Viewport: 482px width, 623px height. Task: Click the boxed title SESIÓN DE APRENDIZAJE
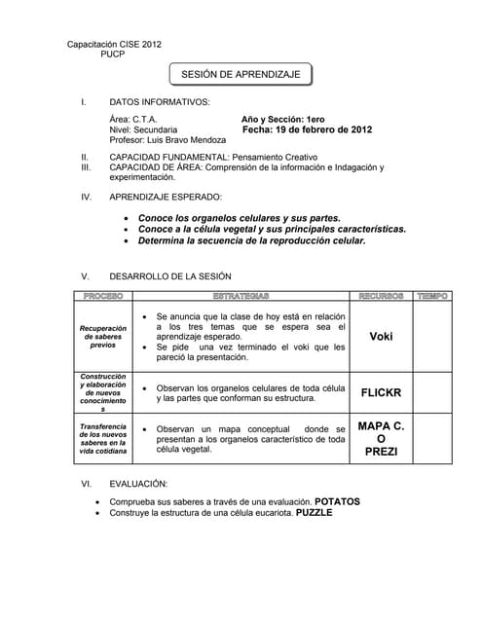point(241,74)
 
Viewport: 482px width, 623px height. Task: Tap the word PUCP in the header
point(114,55)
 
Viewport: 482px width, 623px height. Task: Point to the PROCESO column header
point(102,295)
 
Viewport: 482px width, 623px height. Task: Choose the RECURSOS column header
point(381,295)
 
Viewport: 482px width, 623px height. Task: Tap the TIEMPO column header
point(432,295)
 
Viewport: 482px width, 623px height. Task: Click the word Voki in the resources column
point(381,337)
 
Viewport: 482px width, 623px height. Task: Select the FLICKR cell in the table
point(381,393)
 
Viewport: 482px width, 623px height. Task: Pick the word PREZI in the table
point(381,452)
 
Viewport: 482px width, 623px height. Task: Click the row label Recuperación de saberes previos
point(102,337)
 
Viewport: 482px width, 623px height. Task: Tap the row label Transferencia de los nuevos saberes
point(102,439)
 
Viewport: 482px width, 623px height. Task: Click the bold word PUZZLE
point(315,513)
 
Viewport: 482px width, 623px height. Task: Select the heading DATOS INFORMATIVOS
point(159,101)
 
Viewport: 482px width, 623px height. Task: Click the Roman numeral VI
point(87,484)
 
